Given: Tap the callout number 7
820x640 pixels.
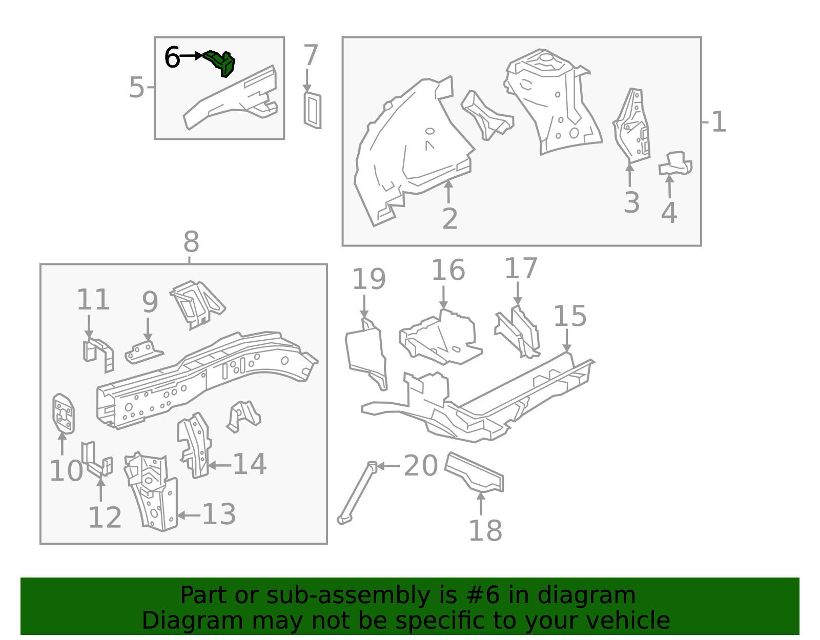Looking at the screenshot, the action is click(311, 55).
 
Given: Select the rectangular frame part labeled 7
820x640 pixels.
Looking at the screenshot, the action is click(313, 110).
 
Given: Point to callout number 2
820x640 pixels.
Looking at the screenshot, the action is click(450, 218).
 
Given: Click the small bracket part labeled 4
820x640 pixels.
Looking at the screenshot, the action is click(675, 163).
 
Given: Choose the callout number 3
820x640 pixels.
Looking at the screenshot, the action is click(632, 202).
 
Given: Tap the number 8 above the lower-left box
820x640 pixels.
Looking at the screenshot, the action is click(191, 242).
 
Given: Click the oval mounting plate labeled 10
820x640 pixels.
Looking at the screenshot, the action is click(63, 414).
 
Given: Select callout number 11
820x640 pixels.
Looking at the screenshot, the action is click(93, 299).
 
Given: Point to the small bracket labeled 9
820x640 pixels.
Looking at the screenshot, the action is click(144, 352).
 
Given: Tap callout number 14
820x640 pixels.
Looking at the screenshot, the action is click(250, 464).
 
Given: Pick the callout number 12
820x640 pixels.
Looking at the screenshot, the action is click(105, 518).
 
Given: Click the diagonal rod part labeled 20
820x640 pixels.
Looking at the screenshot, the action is click(357, 492).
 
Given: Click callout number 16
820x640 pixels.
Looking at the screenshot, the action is click(448, 270).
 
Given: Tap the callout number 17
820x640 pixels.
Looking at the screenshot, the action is click(521, 268).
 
